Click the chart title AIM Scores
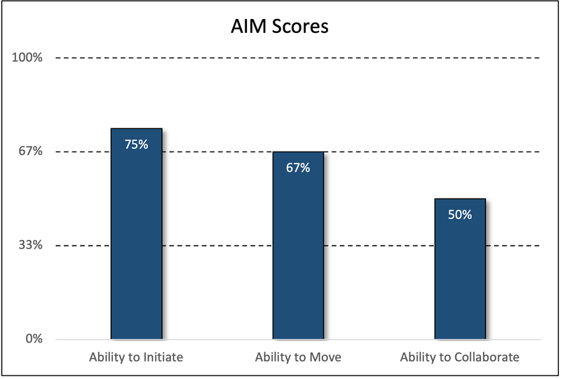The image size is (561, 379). [x=280, y=28]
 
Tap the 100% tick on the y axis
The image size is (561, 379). [x=29, y=58]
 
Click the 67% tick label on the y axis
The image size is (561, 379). [x=32, y=152]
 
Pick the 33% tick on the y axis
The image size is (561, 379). [x=32, y=246]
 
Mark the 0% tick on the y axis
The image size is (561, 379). [x=34, y=339]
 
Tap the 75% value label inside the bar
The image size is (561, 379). [x=136, y=145]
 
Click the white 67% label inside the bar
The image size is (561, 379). [x=298, y=168]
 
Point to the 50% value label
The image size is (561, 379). [x=460, y=215]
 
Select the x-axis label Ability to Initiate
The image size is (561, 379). [x=136, y=357]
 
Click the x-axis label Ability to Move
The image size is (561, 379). [x=298, y=357]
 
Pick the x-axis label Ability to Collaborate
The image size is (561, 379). [x=460, y=357]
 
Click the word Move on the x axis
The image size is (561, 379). [x=325, y=357]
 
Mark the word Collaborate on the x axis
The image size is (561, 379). [x=485, y=357]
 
